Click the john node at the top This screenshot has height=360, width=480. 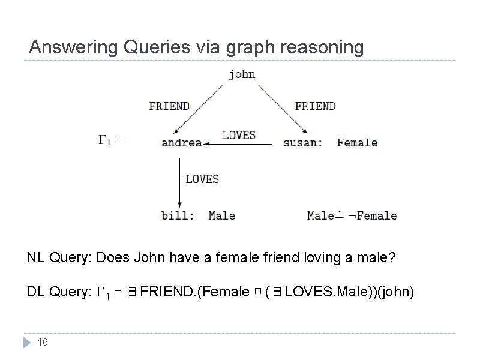[x=242, y=74]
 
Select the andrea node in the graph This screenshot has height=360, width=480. [x=181, y=143]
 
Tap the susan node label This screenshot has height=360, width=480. [x=302, y=143]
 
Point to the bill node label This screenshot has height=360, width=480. [x=177, y=215]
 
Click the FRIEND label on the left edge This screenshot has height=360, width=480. [x=169, y=106]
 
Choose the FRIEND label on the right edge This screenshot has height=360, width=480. [x=315, y=106]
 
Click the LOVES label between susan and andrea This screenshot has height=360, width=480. [x=239, y=135]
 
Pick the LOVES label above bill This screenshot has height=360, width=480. [x=202, y=179]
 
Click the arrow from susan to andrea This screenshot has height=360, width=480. [x=240, y=144]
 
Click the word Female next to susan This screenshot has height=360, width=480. [x=357, y=143]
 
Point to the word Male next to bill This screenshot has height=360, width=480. [x=221, y=215]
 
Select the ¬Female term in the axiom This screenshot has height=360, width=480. [x=373, y=215]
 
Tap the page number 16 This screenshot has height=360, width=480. [x=43, y=342]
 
